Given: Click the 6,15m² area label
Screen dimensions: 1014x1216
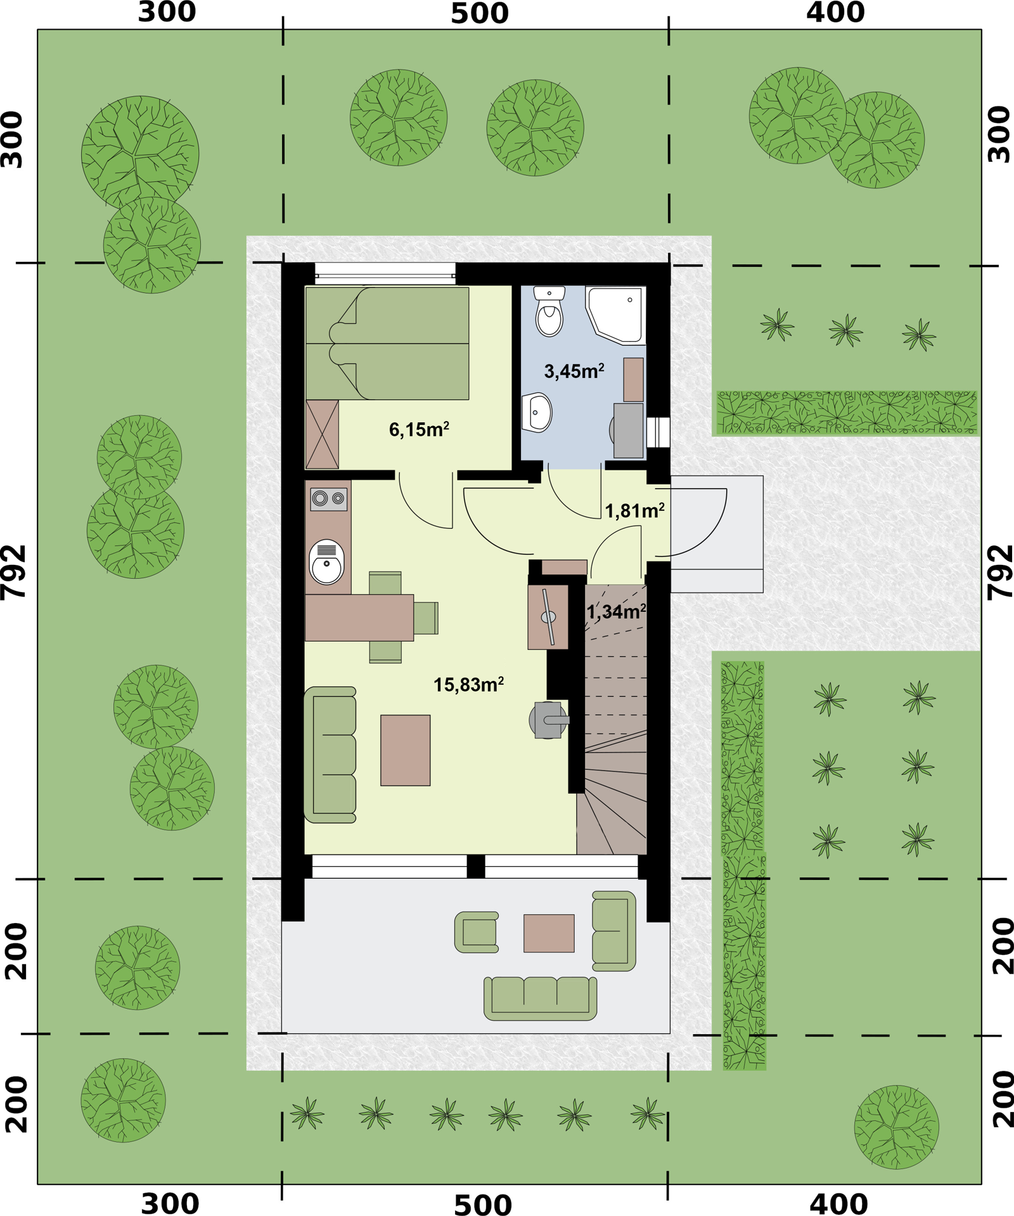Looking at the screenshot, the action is tap(419, 429).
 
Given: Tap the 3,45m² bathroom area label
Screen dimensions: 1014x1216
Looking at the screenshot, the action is tap(574, 371).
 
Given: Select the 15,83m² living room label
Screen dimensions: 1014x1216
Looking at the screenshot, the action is tap(468, 684).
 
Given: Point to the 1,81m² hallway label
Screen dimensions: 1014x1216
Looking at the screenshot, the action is tap(634, 510).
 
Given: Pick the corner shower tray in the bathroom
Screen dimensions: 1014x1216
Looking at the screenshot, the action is tap(615, 315).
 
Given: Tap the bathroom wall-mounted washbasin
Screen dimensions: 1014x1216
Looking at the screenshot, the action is tap(537, 412).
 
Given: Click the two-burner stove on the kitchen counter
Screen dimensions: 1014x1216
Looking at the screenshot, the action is tap(328, 499).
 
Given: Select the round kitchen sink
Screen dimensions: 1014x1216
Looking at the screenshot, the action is tap(326, 562).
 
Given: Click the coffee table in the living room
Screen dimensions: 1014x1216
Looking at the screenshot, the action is tap(405, 750).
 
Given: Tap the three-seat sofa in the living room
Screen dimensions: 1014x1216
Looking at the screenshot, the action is tap(330, 754).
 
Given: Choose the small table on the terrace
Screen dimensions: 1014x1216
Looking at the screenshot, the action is tap(549, 933).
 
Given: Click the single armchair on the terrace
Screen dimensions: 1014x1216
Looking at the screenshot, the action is tap(477, 932).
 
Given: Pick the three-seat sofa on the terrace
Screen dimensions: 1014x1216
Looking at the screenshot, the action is tap(540, 998).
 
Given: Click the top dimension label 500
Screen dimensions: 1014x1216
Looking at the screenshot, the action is tap(480, 14).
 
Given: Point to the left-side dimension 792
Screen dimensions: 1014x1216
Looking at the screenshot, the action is tap(14, 571).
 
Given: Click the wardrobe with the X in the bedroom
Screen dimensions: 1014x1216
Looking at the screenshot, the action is tap(322, 434).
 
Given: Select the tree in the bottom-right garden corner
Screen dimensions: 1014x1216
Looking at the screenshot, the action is tap(896, 1127).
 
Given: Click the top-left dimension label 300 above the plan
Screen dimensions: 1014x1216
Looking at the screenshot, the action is tap(167, 13).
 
